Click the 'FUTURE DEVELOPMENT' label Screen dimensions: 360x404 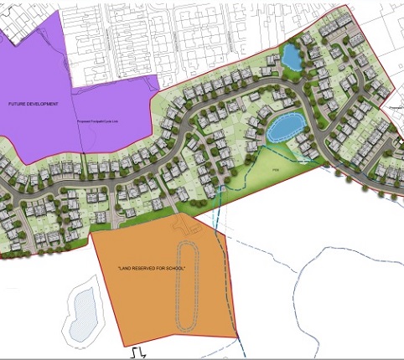coord(34,104)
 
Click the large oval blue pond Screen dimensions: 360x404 coord(285,129)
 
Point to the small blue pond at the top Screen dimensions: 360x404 coord(292,57)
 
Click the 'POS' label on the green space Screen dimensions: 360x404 coord(275,170)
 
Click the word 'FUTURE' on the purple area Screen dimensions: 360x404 coord(20,104)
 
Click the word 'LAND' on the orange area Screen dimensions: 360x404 coord(127,269)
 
